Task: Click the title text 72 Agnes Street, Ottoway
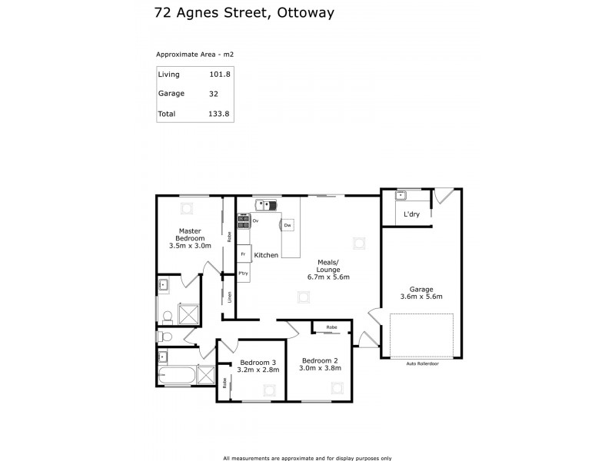pyautogui.click(x=233, y=13)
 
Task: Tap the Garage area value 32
pyautogui.click(x=213, y=94)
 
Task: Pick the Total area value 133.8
pyautogui.click(x=219, y=114)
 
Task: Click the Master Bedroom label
pyautogui.click(x=190, y=234)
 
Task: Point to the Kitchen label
pyautogui.click(x=266, y=254)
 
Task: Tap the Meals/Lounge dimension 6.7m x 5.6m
pyautogui.click(x=328, y=277)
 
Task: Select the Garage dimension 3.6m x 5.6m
pyautogui.click(x=421, y=296)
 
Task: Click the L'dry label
pyautogui.click(x=411, y=214)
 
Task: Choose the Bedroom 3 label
pyautogui.click(x=258, y=362)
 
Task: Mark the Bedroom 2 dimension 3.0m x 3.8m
pyautogui.click(x=320, y=369)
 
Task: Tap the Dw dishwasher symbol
pyautogui.click(x=287, y=225)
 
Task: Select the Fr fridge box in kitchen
pyautogui.click(x=243, y=254)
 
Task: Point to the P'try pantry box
pyautogui.click(x=243, y=274)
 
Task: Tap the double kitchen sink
pyautogui.click(x=266, y=205)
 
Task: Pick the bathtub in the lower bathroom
pyautogui.click(x=176, y=376)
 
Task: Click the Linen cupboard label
pyautogui.click(x=229, y=296)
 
